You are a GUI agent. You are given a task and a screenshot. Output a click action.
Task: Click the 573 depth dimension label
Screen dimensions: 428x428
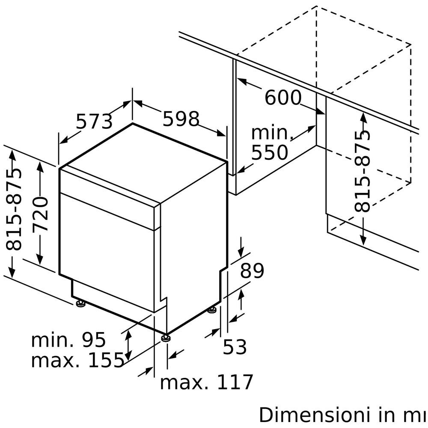[x=94, y=122]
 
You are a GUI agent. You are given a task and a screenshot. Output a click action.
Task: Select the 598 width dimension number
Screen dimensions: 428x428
[x=181, y=119]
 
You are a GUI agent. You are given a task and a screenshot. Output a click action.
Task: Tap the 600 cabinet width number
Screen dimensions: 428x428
[x=283, y=98]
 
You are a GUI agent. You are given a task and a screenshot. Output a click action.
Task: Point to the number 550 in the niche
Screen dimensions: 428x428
[x=270, y=153]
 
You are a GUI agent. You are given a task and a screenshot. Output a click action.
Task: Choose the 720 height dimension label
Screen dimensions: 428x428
[x=41, y=214]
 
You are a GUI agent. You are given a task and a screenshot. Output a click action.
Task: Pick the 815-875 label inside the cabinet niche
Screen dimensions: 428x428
[x=363, y=171]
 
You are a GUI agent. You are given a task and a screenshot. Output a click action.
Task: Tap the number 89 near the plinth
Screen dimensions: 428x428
[x=252, y=271]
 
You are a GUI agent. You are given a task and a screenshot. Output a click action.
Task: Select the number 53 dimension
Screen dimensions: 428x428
[x=235, y=347]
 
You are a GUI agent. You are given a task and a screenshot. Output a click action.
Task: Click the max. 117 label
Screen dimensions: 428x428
[x=207, y=382]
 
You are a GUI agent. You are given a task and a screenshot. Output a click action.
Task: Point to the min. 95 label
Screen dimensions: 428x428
[x=68, y=340]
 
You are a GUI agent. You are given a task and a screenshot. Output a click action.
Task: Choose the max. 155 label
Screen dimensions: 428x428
[x=77, y=361]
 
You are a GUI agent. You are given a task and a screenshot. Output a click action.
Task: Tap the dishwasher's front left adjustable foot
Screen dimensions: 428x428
[x=80, y=304]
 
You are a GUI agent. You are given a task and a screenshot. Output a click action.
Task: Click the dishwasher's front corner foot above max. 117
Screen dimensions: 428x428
[x=166, y=338]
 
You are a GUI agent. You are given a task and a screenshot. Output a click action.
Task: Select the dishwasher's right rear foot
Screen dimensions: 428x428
[x=212, y=309]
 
